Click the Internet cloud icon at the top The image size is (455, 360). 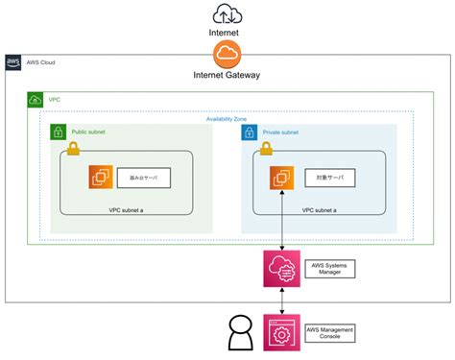[227, 13]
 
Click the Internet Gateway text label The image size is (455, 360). [227, 75]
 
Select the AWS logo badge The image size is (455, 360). [13, 63]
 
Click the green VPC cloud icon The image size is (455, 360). [36, 99]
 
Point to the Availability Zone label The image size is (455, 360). [227, 118]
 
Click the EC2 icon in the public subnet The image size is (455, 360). [101, 178]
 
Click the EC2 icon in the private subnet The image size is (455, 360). [281, 178]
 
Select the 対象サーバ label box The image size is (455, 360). [329, 179]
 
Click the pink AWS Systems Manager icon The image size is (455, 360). [281, 269]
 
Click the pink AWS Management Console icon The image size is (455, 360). [281, 333]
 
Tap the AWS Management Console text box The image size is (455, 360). [329, 333]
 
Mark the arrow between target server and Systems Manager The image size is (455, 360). [281, 221]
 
